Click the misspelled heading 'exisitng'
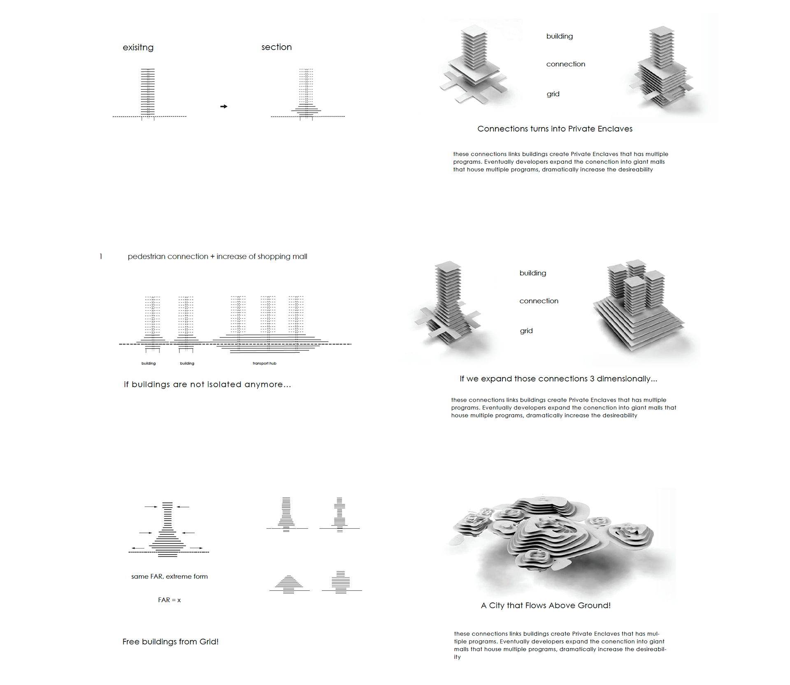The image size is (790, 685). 138,48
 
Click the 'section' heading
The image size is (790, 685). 276,47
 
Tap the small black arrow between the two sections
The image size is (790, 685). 224,106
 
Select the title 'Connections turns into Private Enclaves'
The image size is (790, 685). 555,129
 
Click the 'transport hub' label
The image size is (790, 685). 265,363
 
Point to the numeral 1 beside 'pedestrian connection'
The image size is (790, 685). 101,257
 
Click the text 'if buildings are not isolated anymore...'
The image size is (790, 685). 207,384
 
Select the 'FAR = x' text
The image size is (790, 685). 170,600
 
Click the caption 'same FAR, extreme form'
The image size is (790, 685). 170,576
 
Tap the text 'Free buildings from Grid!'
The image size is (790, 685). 170,641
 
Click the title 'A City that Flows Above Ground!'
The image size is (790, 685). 546,605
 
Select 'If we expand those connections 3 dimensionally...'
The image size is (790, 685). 558,379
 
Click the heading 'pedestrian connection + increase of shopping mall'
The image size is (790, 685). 217,257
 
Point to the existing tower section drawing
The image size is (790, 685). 148,94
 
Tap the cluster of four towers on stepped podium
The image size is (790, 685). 638,305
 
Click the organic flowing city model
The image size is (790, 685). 553,535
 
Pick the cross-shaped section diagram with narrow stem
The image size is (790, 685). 339,515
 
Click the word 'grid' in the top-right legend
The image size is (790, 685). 553,94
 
